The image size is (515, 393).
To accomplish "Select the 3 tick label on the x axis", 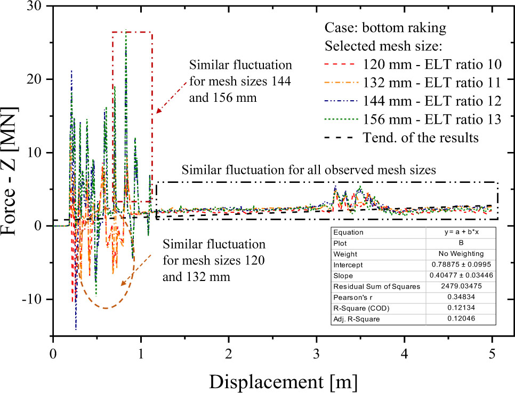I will [x=317, y=353].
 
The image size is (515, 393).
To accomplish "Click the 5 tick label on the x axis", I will [x=493, y=353].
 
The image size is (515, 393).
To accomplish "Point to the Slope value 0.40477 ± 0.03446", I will [x=461, y=276].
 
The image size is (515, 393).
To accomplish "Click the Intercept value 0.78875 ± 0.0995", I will [x=461, y=264].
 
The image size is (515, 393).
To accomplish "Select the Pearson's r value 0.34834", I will [x=461, y=297].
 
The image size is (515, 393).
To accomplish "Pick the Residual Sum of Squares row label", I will [x=377, y=287].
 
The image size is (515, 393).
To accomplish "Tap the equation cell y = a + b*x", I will [x=461, y=232].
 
